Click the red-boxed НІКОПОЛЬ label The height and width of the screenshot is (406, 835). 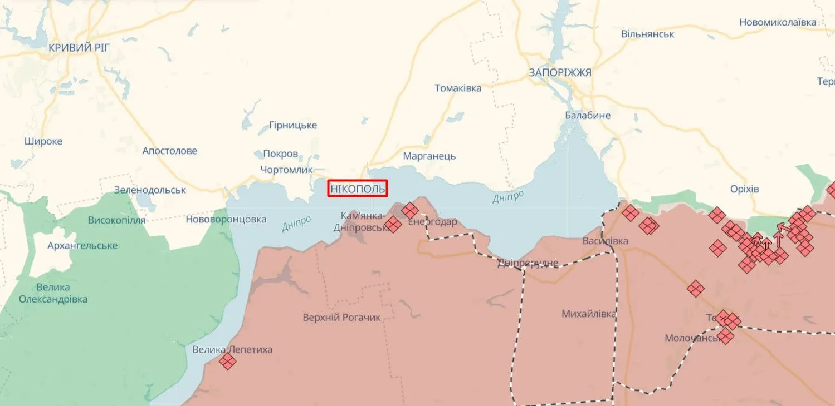coord(358,189)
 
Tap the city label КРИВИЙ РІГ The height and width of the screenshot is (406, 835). coord(79,48)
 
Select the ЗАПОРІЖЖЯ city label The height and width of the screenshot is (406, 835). coord(560,72)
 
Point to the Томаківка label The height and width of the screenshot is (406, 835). coord(458,88)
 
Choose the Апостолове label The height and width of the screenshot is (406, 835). coord(169,151)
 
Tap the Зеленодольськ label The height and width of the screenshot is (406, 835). coord(150,190)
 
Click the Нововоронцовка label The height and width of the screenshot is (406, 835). coord(226,219)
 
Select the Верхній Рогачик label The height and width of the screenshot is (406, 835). coord(341,318)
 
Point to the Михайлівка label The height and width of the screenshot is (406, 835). coord(588,314)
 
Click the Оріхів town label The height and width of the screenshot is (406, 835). coord(745,189)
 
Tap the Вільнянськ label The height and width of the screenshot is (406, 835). coord(648,34)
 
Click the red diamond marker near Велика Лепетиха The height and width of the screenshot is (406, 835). coord(227,362)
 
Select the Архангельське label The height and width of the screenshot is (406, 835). coord(82,245)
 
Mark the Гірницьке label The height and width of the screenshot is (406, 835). coord(292,125)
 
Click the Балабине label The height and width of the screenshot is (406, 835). coord(587,115)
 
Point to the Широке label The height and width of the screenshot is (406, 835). coord(43,141)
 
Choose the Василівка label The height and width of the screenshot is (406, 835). coord(605,241)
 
